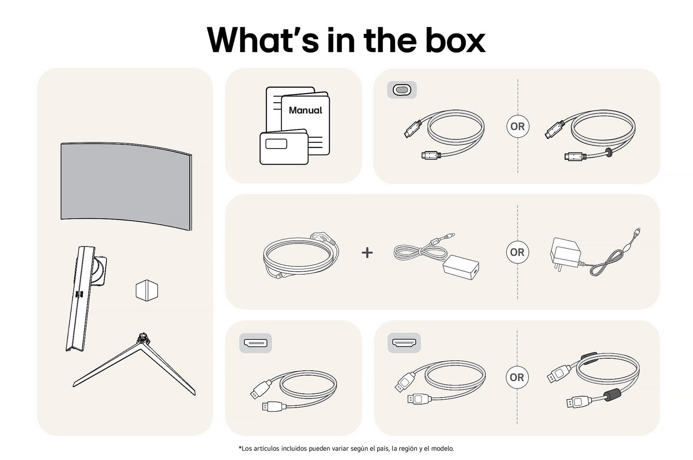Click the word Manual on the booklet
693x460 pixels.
[305, 110]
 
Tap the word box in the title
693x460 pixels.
[455, 40]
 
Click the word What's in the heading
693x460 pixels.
[263, 40]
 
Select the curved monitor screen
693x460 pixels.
[126, 186]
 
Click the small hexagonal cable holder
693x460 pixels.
[147, 290]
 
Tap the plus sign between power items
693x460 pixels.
[367, 253]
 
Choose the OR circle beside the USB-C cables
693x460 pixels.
[518, 126]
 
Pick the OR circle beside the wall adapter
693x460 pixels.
[517, 252]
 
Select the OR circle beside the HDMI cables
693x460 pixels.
[517, 377]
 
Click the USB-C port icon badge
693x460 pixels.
[402, 90]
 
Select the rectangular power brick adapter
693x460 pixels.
[461, 267]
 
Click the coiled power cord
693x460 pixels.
[301, 256]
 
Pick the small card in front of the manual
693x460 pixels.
[284, 147]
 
